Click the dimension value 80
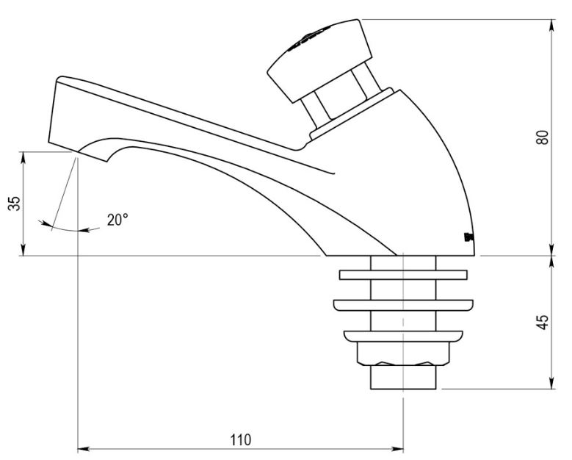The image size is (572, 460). point(543,137)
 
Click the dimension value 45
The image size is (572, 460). point(543,321)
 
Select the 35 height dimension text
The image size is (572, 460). point(14,204)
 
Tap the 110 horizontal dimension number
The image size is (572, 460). point(240,439)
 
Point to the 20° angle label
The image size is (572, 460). point(117,219)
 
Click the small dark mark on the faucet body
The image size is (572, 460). point(468,237)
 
